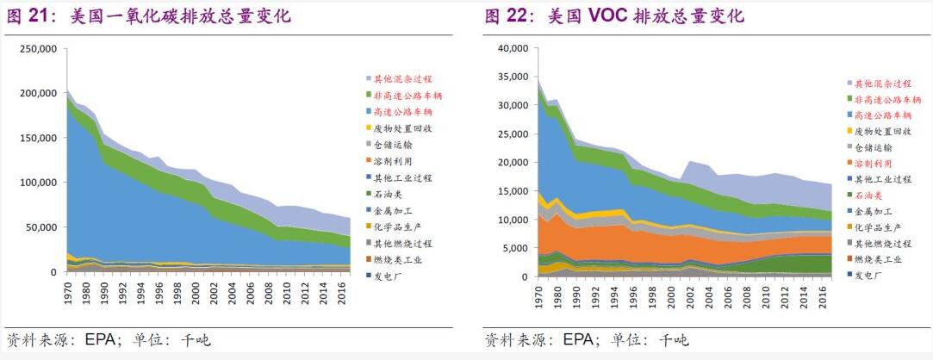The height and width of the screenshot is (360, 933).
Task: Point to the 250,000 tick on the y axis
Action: pos(37,49)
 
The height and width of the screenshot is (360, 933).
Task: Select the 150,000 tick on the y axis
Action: pos(37,138)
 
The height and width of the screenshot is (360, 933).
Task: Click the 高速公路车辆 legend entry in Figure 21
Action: pos(402,112)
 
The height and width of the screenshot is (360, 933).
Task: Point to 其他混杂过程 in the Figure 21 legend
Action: pos(402,78)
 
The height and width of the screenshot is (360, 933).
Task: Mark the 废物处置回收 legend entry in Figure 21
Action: pos(402,128)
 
